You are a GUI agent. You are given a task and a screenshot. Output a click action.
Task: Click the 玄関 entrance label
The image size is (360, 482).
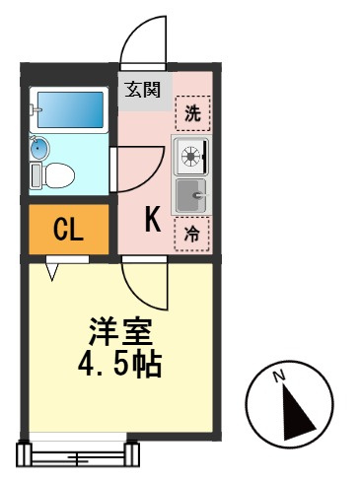pyautogui.click(x=142, y=90)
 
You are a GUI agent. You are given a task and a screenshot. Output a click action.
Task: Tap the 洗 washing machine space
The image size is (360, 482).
pyautogui.click(x=193, y=113)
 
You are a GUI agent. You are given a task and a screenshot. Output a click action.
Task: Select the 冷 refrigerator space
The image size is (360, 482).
pyautogui.click(x=192, y=234)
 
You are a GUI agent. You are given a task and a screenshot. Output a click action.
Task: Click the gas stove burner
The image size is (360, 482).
pyautogui.click(x=191, y=156)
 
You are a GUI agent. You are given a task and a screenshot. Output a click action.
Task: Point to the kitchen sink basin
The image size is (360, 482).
pyautogui.click(x=190, y=196)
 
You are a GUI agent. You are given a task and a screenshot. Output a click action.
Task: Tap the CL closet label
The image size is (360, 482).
pyautogui.click(x=68, y=230)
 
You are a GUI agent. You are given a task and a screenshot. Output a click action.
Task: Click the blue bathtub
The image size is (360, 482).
pyautogui.click(x=70, y=109)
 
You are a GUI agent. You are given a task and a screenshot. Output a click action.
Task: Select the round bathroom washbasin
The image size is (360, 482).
pyautogui.click(x=39, y=148)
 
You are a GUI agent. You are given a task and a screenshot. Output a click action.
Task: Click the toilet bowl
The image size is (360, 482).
pyautogui.click(x=59, y=175)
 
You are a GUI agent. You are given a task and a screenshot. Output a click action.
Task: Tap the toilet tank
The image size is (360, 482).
pyautogui.click(x=36, y=175)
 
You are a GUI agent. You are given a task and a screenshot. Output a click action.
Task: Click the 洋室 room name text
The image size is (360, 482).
pyautogui.click(x=120, y=331)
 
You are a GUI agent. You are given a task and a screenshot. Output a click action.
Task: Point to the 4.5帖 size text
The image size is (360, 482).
pyautogui.click(x=119, y=365)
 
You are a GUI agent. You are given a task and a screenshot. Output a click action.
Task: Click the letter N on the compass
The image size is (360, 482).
pyautogui.click(x=280, y=377)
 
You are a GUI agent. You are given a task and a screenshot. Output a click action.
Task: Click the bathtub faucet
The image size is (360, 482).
pyautogui.click(x=35, y=109)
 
